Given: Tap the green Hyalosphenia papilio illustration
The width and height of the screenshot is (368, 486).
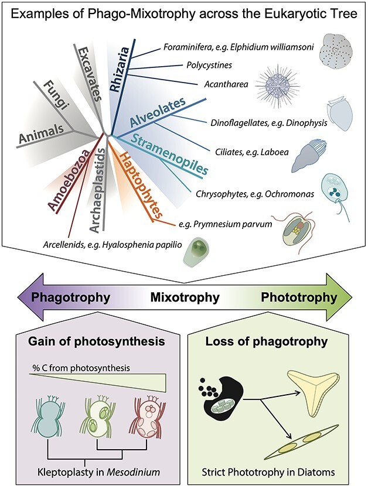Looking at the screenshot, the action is coord(197,252).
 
